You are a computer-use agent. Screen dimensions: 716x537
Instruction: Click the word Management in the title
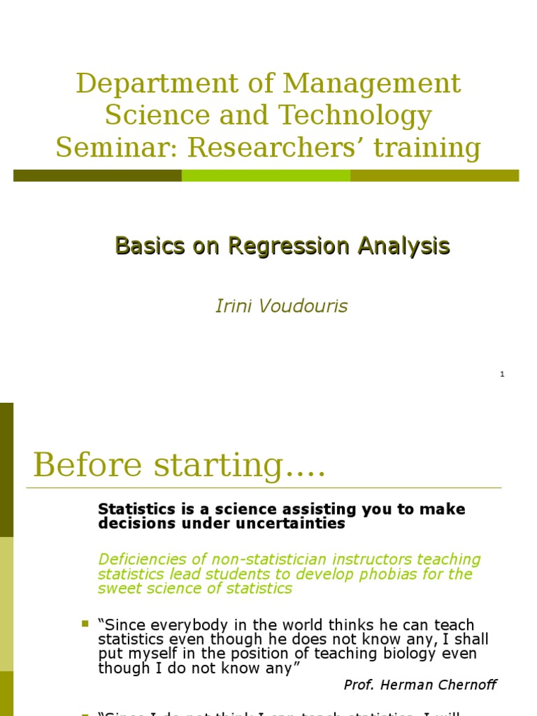(x=371, y=84)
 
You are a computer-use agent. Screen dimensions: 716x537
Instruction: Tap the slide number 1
(x=502, y=375)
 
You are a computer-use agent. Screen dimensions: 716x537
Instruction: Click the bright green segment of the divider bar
(x=266, y=176)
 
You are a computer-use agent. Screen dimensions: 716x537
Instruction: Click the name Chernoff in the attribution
(x=467, y=685)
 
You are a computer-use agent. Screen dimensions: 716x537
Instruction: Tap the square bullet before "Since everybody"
(x=85, y=623)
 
